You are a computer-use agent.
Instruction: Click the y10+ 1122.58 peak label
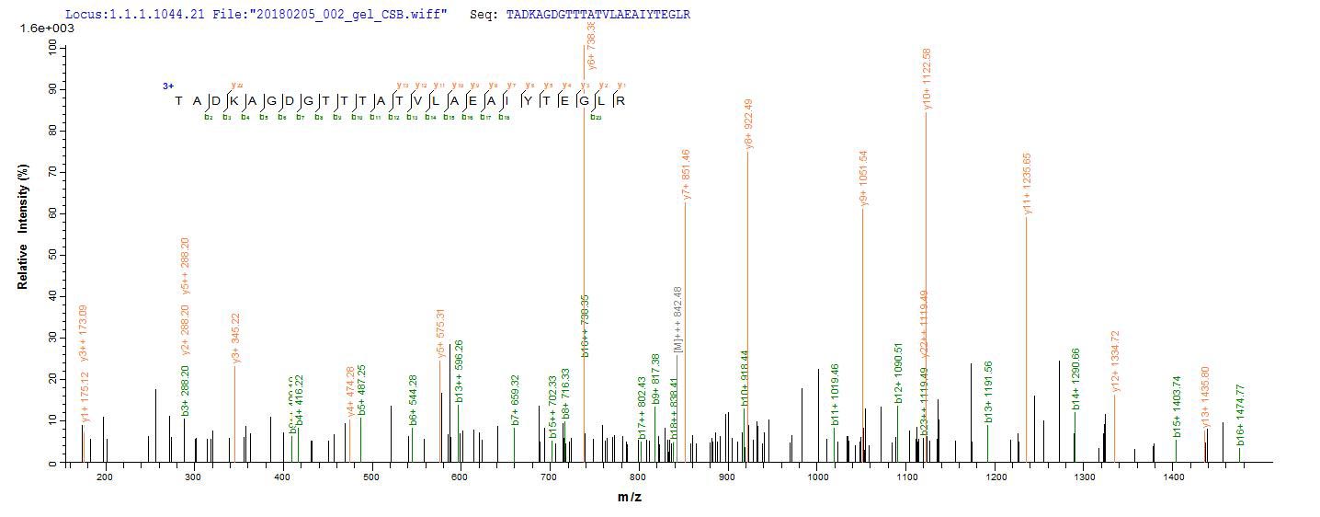coord(927,79)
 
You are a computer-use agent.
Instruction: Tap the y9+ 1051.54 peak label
coord(863,178)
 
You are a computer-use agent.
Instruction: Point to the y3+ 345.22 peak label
coord(236,338)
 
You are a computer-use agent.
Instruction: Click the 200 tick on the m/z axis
coord(104,476)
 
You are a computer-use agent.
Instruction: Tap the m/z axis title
coord(629,498)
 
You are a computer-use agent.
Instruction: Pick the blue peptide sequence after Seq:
coord(597,15)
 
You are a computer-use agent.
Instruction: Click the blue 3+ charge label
coord(168,86)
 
